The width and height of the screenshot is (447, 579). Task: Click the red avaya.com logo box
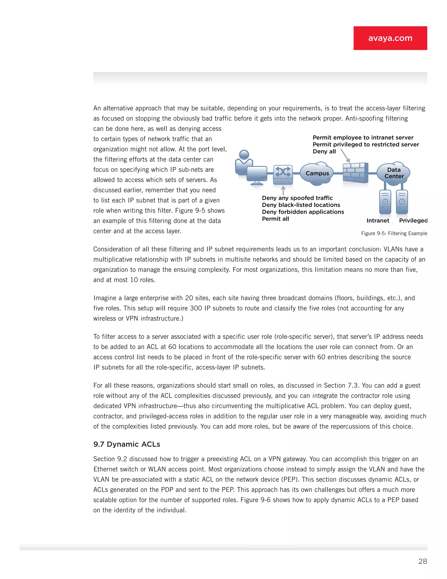[x=390, y=38]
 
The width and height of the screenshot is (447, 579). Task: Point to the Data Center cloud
[x=394, y=173]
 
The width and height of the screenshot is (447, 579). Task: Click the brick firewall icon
[x=355, y=173]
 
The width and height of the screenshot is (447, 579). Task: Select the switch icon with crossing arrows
[x=283, y=174]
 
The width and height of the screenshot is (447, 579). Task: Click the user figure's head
[x=244, y=154]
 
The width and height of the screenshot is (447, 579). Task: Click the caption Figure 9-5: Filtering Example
[x=394, y=233]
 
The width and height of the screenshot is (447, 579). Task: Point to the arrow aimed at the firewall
[x=345, y=156]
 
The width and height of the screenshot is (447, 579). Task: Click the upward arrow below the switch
[x=283, y=190]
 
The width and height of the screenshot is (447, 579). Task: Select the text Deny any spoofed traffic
[x=297, y=198]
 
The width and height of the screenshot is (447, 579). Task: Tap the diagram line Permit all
[x=275, y=219]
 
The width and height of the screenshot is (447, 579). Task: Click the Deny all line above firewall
[x=324, y=151]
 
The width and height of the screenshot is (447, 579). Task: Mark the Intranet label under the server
[x=378, y=221]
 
